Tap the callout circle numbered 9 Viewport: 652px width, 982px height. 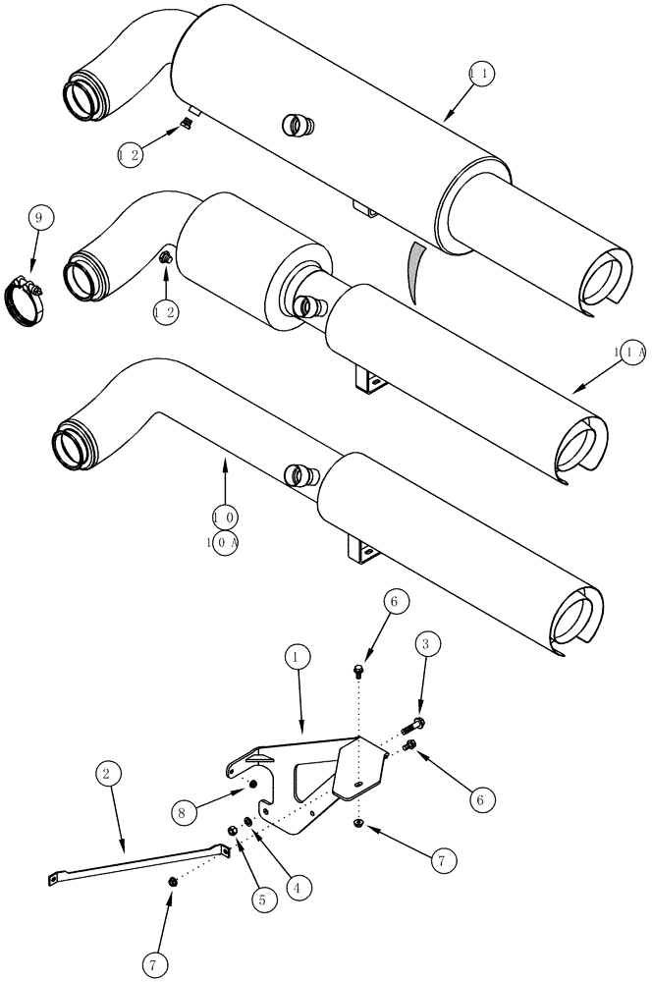tap(38, 217)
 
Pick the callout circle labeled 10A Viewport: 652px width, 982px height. tap(225, 542)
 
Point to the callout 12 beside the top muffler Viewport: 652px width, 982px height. tap(131, 154)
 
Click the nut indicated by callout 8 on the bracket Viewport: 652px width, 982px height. tap(252, 786)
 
